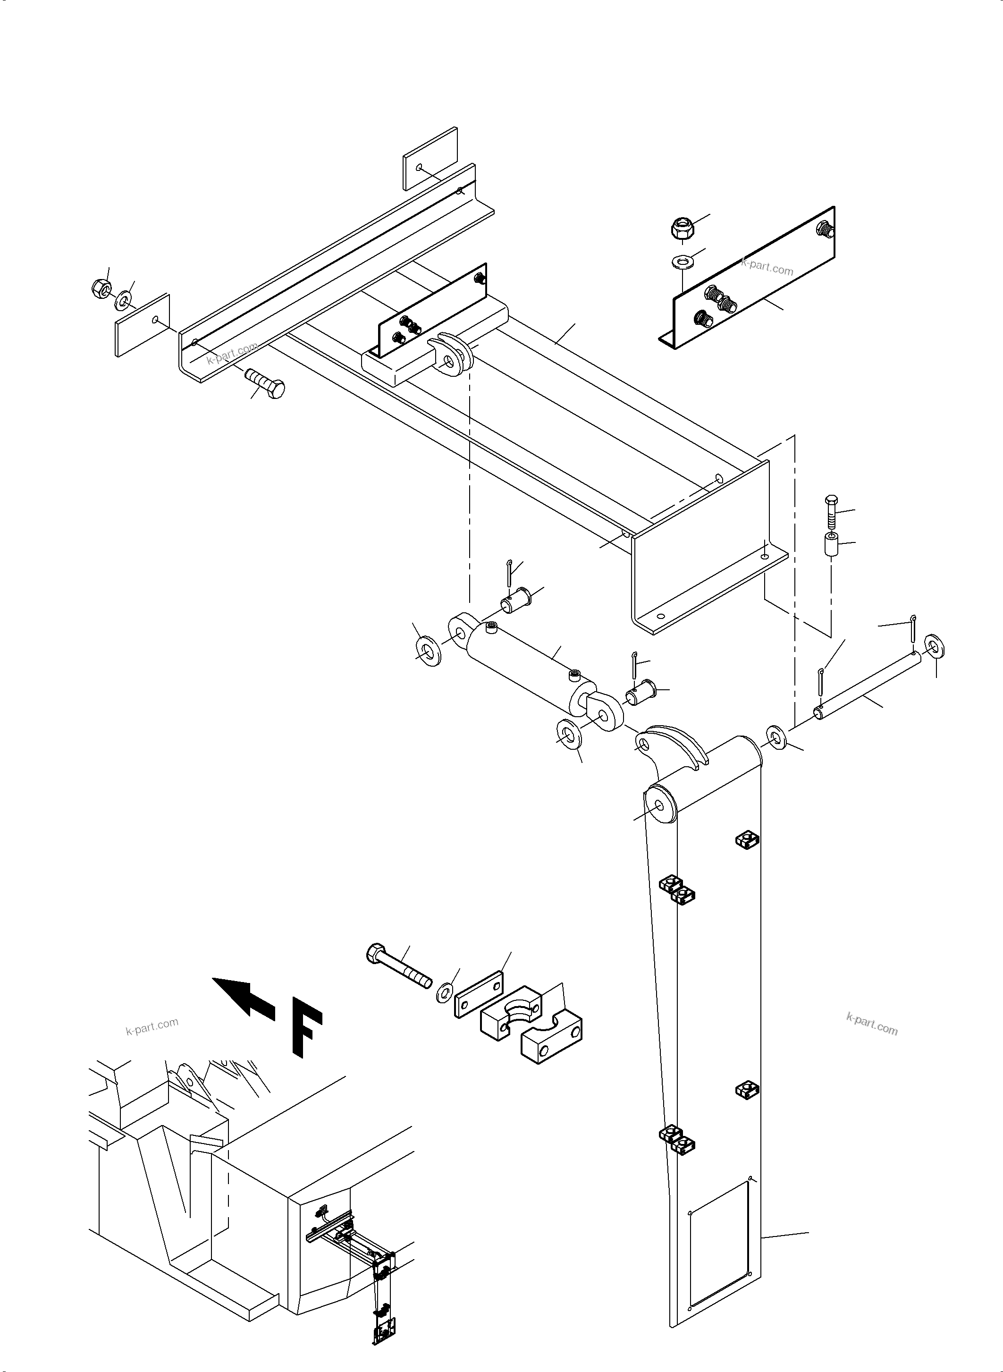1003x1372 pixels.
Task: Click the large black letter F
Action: coord(307,1026)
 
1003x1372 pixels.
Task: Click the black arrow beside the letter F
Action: coord(244,996)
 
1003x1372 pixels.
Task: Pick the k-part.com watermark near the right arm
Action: coord(871,1024)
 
